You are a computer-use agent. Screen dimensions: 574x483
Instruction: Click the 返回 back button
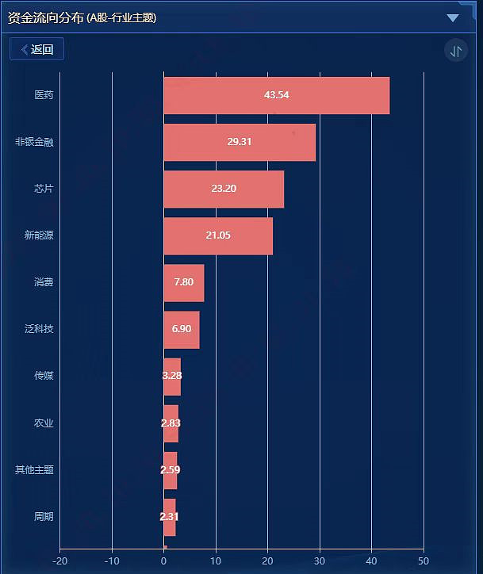[x=37, y=49]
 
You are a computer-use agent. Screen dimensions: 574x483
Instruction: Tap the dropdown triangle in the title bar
[x=453, y=17]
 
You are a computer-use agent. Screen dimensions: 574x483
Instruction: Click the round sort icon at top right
[x=456, y=51]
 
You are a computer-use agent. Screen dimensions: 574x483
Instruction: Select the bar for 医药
[x=276, y=95]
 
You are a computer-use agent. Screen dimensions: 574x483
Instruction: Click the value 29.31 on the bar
[x=239, y=142]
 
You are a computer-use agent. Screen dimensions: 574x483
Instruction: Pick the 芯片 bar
[x=224, y=189]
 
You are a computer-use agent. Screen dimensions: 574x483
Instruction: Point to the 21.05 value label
[x=218, y=235]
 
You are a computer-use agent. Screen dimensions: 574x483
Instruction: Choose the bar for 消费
[x=184, y=282]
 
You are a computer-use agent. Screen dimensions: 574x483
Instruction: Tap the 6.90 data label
[x=182, y=329]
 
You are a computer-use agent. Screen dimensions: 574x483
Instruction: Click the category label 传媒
[x=44, y=376]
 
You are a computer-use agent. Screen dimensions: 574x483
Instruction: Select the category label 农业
[x=44, y=423]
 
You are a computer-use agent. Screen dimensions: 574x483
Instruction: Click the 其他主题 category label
[x=34, y=469]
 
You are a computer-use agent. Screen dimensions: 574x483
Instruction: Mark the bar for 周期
[x=170, y=517]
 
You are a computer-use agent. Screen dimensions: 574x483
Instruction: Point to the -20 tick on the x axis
[x=59, y=561]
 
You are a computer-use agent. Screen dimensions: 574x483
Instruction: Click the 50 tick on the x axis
[x=424, y=561]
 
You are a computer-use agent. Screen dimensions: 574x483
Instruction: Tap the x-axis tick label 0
[x=163, y=561]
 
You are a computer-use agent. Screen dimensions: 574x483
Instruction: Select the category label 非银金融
[x=34, y=142]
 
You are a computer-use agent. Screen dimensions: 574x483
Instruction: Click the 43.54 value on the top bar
[x=276, y=95]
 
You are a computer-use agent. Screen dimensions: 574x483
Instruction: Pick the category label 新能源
[x=39, y=235]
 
